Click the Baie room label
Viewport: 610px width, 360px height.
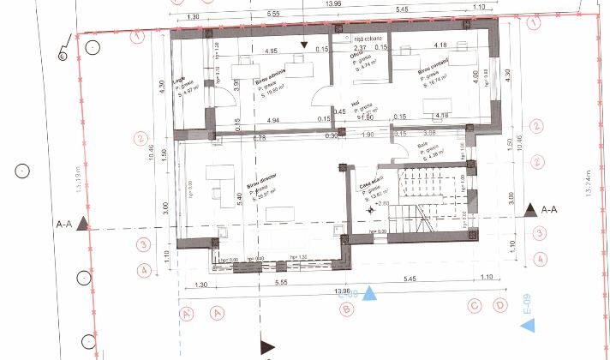point(422,146)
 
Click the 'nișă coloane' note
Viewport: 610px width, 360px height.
point(367,39)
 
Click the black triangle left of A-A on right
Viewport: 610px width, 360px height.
point(530,209)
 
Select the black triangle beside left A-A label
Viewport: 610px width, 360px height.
point(82,225)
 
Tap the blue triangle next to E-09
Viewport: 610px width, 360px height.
point(529,325)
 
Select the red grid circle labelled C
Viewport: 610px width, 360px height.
point(472,304)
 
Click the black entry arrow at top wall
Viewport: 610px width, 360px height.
point(302,45)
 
